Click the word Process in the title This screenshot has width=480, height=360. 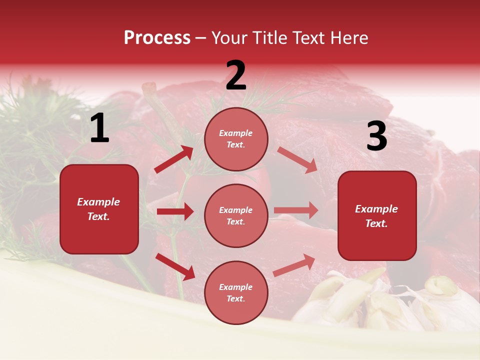coord(157,38)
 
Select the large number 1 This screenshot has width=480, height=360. coord(99,128)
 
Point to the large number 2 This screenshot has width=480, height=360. coord(236,75)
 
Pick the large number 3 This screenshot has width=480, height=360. coord(377,136)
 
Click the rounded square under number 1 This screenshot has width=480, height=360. coord(99,209)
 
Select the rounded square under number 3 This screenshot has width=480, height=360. coord(377,215)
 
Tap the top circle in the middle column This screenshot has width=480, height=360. coord(236,139)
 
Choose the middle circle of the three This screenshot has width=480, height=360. coord(236,215)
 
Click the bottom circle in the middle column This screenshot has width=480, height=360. coord(236,292)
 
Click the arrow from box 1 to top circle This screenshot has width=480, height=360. coord(174,159)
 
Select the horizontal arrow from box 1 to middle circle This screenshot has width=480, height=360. coord(175,211)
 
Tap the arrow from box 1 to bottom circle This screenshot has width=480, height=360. coord(175,266)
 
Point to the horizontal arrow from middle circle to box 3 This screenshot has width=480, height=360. coord(296,210)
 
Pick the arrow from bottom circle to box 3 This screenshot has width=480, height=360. coord(294,265)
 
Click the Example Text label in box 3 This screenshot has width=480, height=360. coord(376,216)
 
